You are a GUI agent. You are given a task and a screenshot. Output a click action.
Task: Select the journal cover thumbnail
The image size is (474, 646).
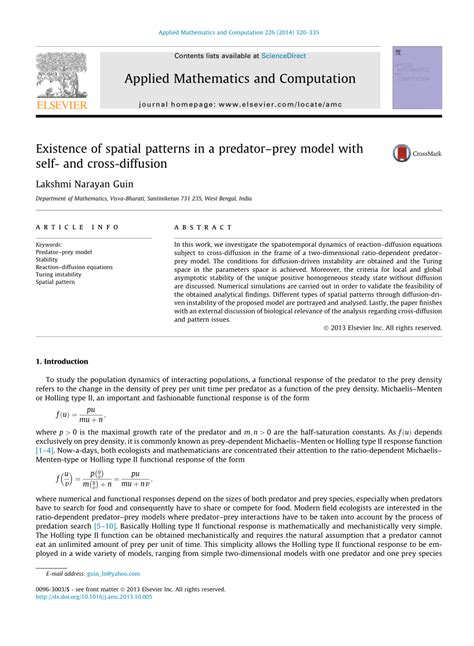coord(417,78)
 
